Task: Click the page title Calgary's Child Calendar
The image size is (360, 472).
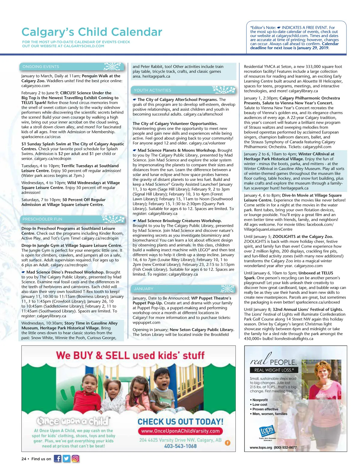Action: [92, 32]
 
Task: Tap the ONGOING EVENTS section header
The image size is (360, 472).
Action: [41, 67]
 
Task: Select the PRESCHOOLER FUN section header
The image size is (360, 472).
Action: [42, 219]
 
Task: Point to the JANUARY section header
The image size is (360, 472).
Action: [144, 289]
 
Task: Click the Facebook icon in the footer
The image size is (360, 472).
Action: [57, 458]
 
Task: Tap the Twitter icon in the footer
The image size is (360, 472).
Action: [66, 458]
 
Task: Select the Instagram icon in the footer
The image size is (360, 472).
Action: [75, 458]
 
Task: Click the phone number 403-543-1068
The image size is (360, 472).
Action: [180, 446]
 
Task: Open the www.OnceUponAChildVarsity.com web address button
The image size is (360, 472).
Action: [180, 431]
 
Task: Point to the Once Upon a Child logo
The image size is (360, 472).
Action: [73, 421]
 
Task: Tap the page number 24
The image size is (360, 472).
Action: [24, 459]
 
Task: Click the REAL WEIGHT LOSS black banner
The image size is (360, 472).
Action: [274, 370]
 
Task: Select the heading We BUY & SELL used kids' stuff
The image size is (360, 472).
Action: [130, 356]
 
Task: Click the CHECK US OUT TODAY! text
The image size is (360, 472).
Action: [180, 422]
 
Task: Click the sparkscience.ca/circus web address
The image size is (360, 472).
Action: [41, 137]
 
